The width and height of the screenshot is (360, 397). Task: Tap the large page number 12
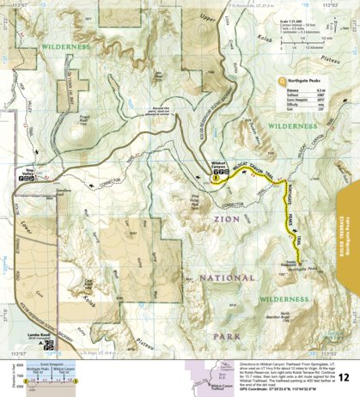coord(343,376)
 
